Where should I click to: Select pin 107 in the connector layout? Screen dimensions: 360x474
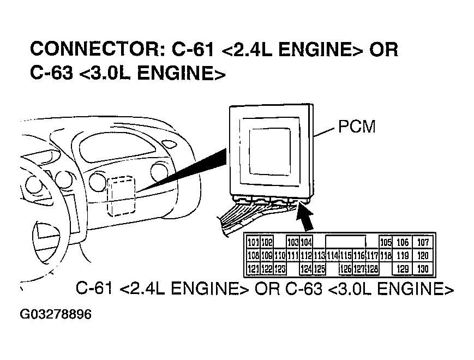tap(423, 242)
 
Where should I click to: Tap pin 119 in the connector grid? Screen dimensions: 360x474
tap(403, 255)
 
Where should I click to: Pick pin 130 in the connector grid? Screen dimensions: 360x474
tap(423, 269)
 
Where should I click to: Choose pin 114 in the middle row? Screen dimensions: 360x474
tap(332, 255)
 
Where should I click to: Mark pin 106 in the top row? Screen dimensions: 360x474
tap(403, 242)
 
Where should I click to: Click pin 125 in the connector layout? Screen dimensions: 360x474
tap(320, 269)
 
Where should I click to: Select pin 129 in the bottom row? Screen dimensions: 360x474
tap(403, 269)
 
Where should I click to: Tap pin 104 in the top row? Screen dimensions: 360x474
tap(306, 242)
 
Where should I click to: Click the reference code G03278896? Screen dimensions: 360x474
tap(56, 315)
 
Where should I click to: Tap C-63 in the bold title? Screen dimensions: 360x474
tap(52, 73)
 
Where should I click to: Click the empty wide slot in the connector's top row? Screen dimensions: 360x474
tap(345, 242)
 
